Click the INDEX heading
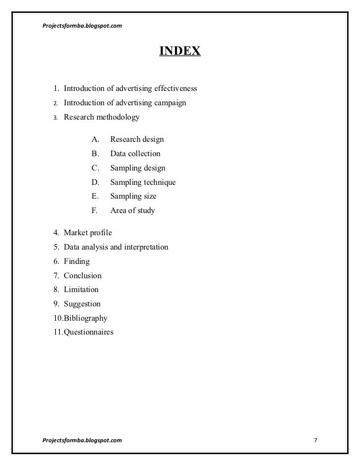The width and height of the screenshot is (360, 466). [180, 51]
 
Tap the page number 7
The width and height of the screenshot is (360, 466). [316, 440]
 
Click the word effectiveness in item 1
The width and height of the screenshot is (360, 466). [176, 89]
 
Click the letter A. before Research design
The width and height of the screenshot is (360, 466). [95, 140]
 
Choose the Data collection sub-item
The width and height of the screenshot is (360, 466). [135, 154]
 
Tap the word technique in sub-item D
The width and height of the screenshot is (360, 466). [158, 182]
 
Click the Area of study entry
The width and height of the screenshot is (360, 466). [132, 211]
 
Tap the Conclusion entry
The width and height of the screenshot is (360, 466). [83, 275]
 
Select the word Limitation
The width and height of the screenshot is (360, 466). [81, 290]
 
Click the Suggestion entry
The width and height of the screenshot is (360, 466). [82, 304]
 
